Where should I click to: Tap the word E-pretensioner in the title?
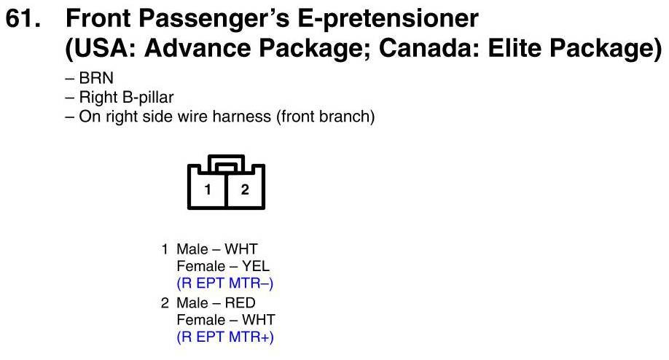click(388, 20)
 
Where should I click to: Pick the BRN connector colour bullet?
click(96, 78)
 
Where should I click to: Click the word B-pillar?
click(148, 97)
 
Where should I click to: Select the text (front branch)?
click(325, 117)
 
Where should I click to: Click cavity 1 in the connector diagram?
click(208, 189)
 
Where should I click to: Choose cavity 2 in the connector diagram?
click(245, 189)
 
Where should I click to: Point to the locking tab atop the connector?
click(226, 164)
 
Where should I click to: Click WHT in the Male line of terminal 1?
click(241, 249)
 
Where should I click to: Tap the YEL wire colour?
click(256, 266)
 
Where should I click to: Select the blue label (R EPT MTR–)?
click(225, 283)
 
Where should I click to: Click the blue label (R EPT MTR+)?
click(225, 337)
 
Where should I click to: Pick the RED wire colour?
click(240, 303)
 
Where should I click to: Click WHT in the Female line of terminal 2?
click(259, 320)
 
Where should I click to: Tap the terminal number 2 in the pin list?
click(165, 303)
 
